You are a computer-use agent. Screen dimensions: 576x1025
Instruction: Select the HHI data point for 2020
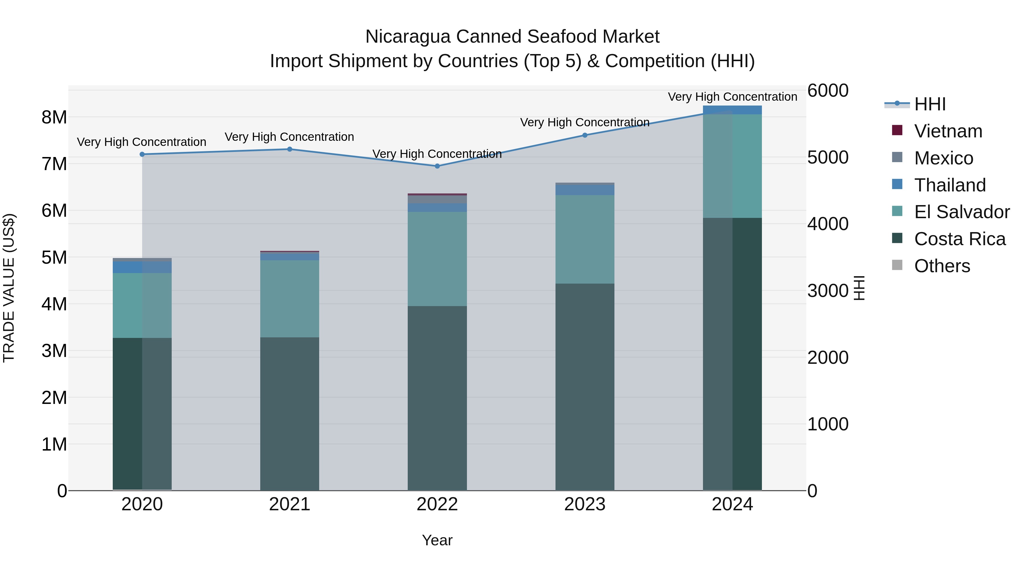[x=142, y=154]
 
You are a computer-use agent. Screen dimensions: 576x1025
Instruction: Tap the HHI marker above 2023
[x=585, y=135]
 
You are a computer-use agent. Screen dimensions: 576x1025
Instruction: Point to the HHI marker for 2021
[x=290, y=149]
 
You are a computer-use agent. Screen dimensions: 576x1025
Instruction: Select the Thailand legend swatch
[x=897, y=184]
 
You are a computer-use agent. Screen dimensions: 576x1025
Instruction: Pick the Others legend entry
[x=942, y=266]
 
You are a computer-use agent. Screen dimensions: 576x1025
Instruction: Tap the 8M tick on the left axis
[x=54, y=117]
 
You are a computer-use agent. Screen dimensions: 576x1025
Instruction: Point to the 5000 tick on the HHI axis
[x=828, y=157]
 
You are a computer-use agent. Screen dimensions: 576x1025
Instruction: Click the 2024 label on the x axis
[x=732, y=504]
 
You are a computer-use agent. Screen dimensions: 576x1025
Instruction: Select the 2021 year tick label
[x=290, y=504]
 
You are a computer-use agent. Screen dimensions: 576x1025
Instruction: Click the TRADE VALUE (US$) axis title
[x=9, y=288]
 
